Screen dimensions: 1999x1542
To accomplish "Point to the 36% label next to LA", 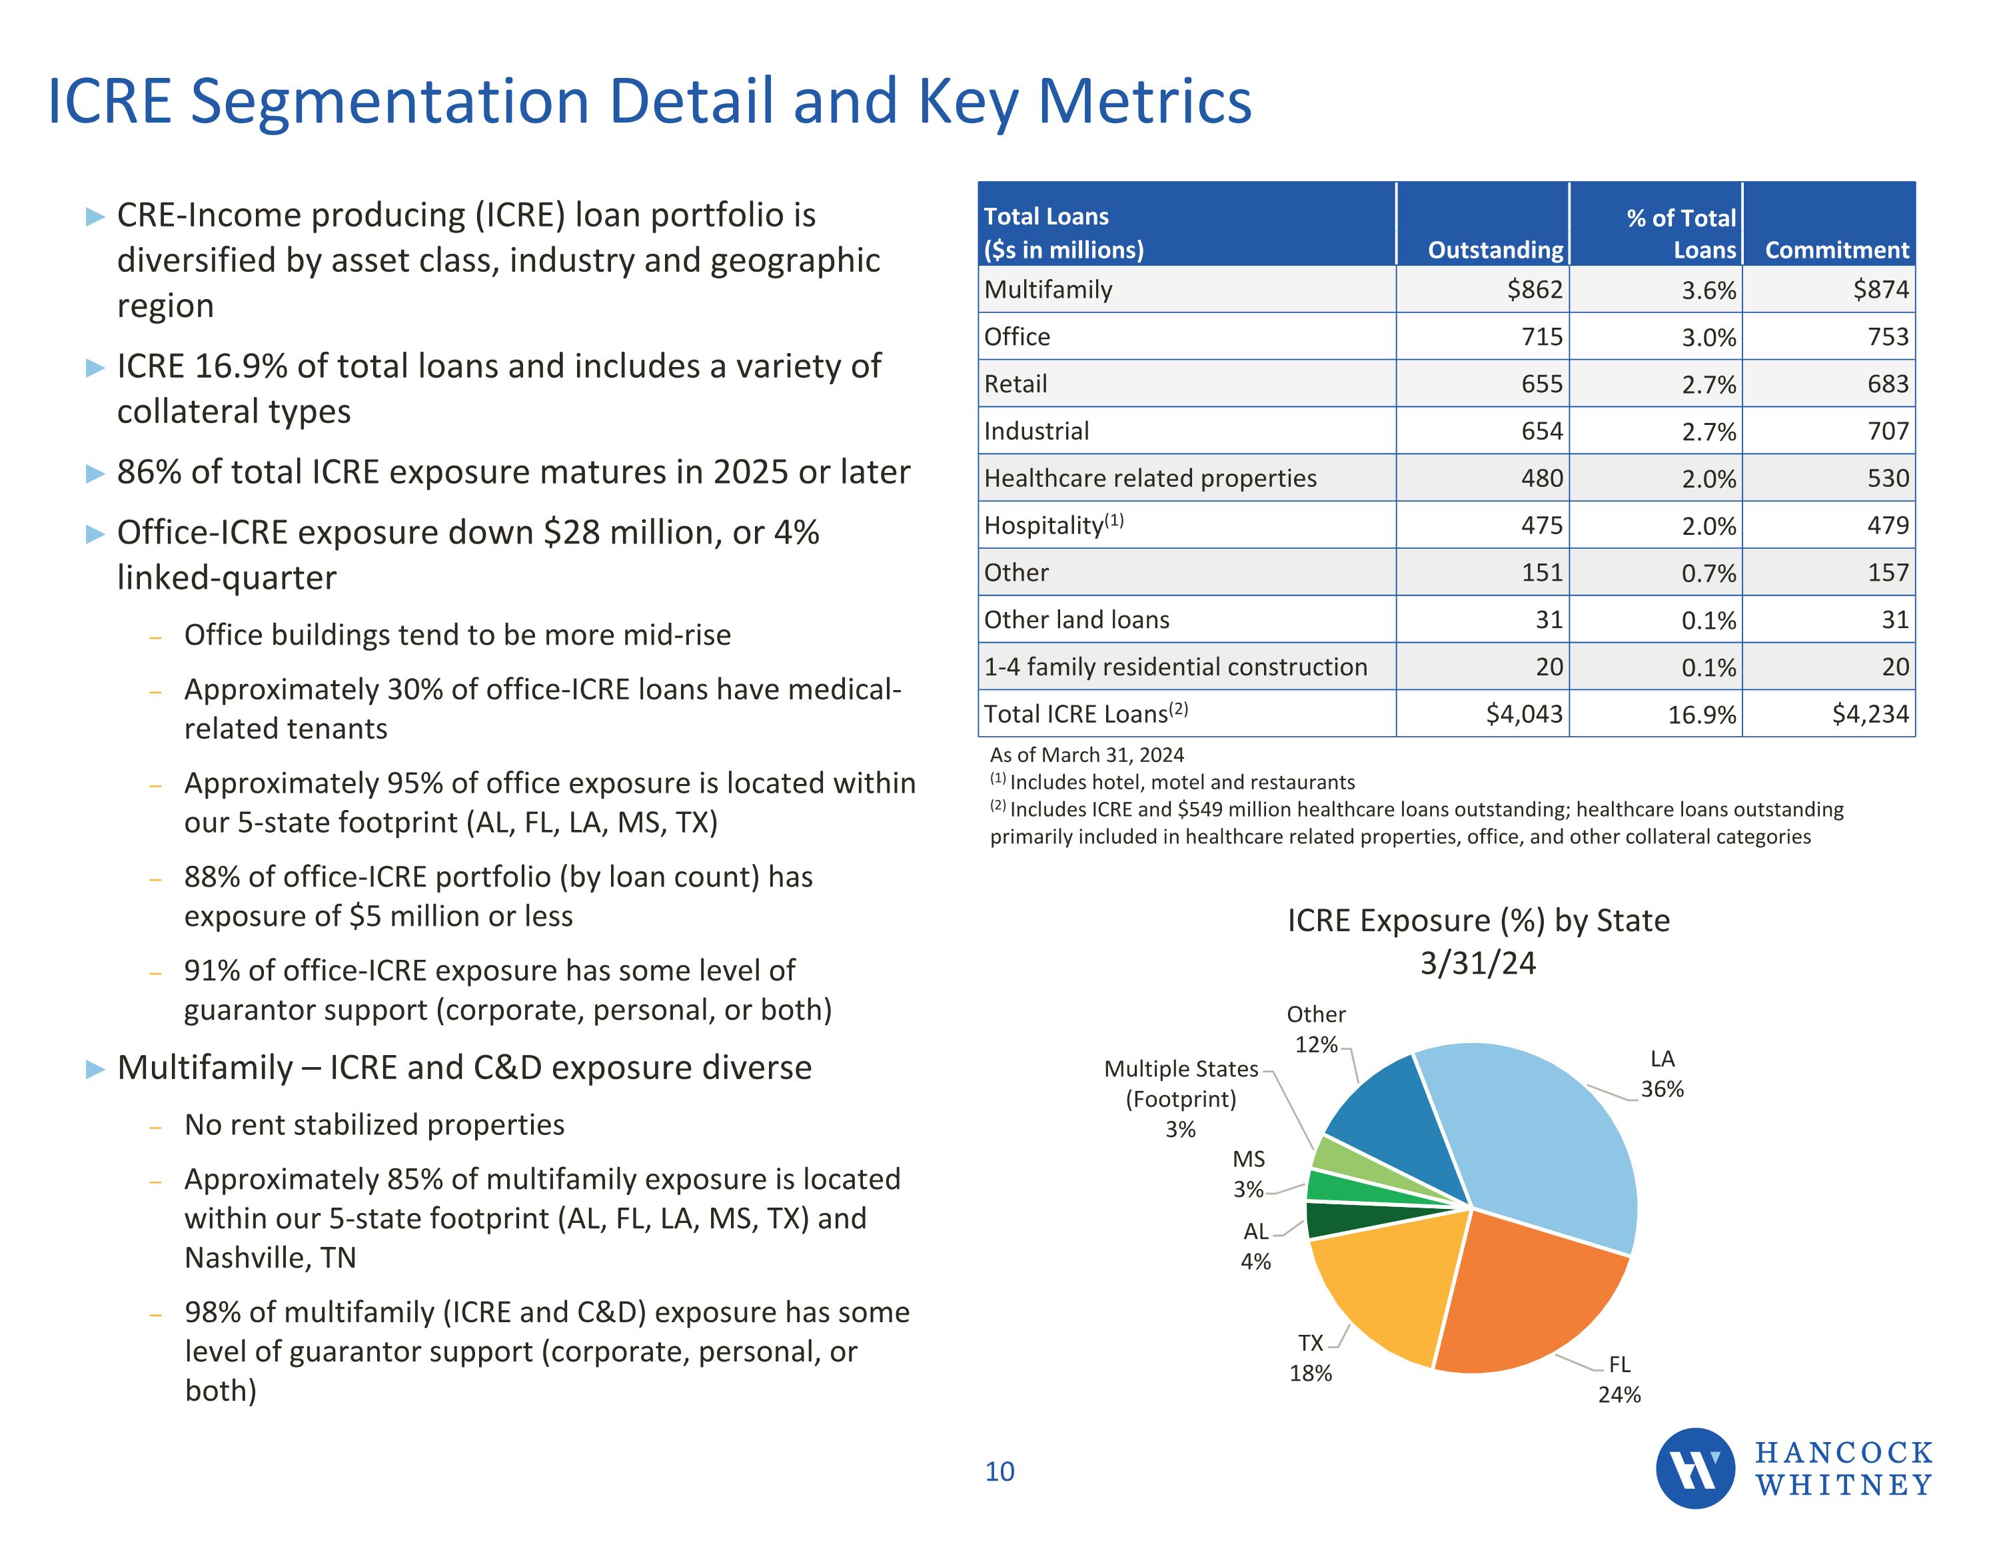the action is pos(1663,1089).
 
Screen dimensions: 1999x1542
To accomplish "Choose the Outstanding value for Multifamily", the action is pos(1535,290).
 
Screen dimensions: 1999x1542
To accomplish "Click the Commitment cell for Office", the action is pos(1888,337).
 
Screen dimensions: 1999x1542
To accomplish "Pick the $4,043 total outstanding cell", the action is pos(1524,714).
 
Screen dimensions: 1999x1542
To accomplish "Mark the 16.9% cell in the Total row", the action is pos(1702,715).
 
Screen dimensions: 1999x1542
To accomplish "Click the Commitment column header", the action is pos(1837,250).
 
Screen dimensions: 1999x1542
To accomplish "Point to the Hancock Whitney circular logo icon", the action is pos(1695,1468).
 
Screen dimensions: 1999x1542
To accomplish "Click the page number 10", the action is pos(999,1471).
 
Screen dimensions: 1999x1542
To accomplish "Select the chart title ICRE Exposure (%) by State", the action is pos(1478,921).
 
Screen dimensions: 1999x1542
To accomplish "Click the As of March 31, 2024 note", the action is pos(1086,755).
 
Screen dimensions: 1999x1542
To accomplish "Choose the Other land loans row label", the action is pos(1076,619).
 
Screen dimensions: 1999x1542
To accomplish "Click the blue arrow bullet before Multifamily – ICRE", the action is pos(95,1069).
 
